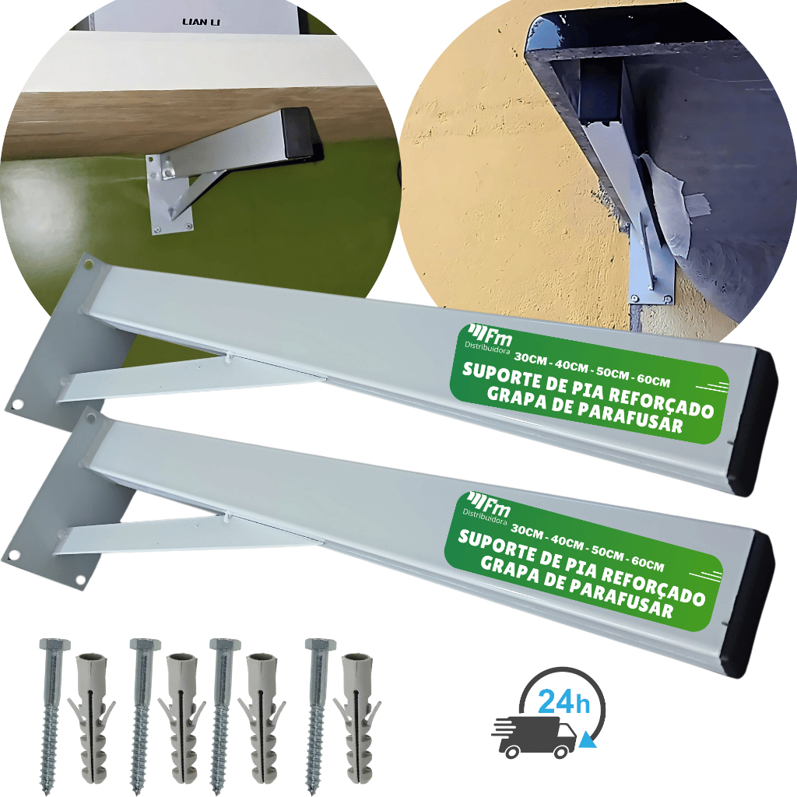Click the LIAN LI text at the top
pyautogui.click(x=201, y=22)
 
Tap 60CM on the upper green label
pyautogui.click(x=651, y=381)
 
